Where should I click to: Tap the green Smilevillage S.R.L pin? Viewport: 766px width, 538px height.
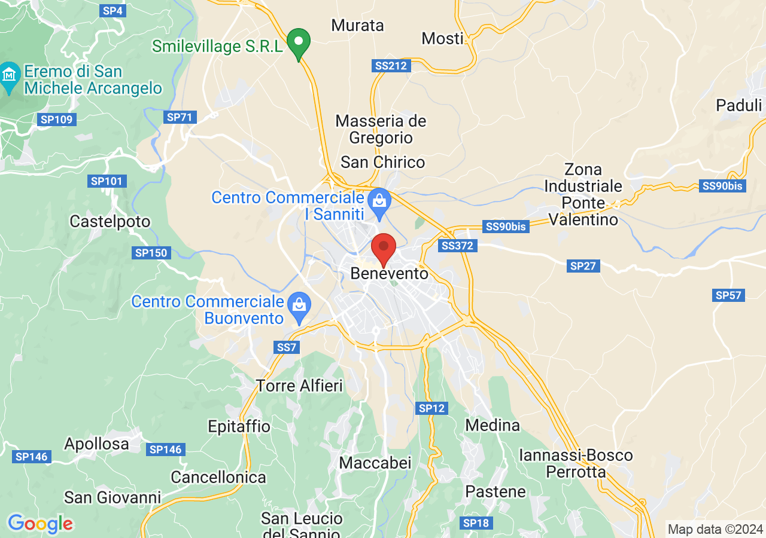[x=298, y=42]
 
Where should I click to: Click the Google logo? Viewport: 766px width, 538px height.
[x=40, y=524]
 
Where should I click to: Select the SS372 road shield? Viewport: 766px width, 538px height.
[x=457, y=246]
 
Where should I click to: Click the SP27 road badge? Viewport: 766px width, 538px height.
[x=583, y=266]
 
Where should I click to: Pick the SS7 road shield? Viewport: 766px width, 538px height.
[x=287, y=347]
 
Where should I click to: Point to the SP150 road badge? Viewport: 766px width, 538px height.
[x=151, y=253]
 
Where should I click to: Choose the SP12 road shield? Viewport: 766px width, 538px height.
[x=431, y=408]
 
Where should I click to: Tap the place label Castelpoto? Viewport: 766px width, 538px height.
[x=110, y=222]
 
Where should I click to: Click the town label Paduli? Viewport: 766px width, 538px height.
[x=738, y=106]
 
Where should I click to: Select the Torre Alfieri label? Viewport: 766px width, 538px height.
[x=299, y=386]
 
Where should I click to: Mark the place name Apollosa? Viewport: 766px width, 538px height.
[x=96, y=444]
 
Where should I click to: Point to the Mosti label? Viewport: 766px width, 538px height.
[x=442, y=39]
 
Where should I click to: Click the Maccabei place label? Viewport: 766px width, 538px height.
[x=375, y=463]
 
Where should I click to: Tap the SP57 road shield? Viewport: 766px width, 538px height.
[x=728, y=295]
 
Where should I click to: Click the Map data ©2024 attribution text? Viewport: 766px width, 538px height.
[x=715, y=529]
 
